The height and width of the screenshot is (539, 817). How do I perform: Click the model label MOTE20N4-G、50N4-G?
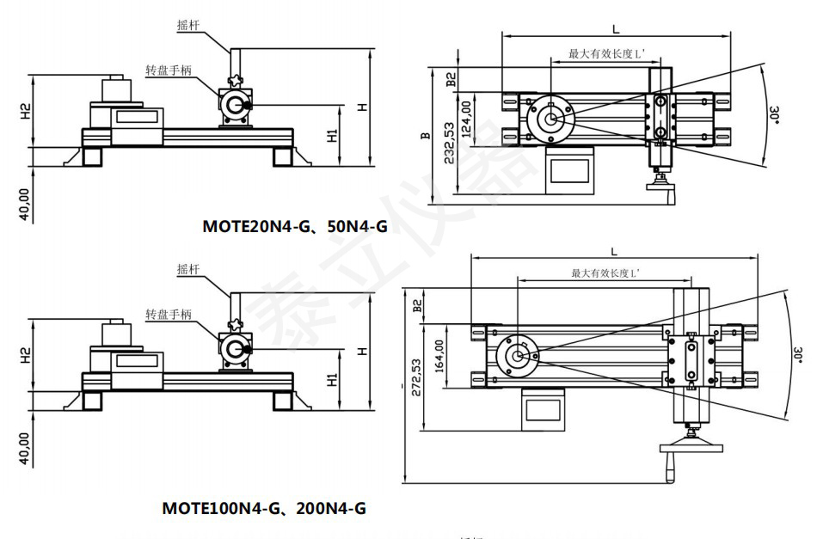295,227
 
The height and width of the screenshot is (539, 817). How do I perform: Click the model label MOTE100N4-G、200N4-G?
264,508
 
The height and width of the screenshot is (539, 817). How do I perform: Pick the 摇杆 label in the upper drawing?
188,27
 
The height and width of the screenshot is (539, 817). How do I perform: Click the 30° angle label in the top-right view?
775,116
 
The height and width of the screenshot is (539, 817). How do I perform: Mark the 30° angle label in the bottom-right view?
798,355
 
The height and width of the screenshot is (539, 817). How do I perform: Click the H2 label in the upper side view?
26,111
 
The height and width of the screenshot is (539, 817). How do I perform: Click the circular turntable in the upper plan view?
548,120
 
